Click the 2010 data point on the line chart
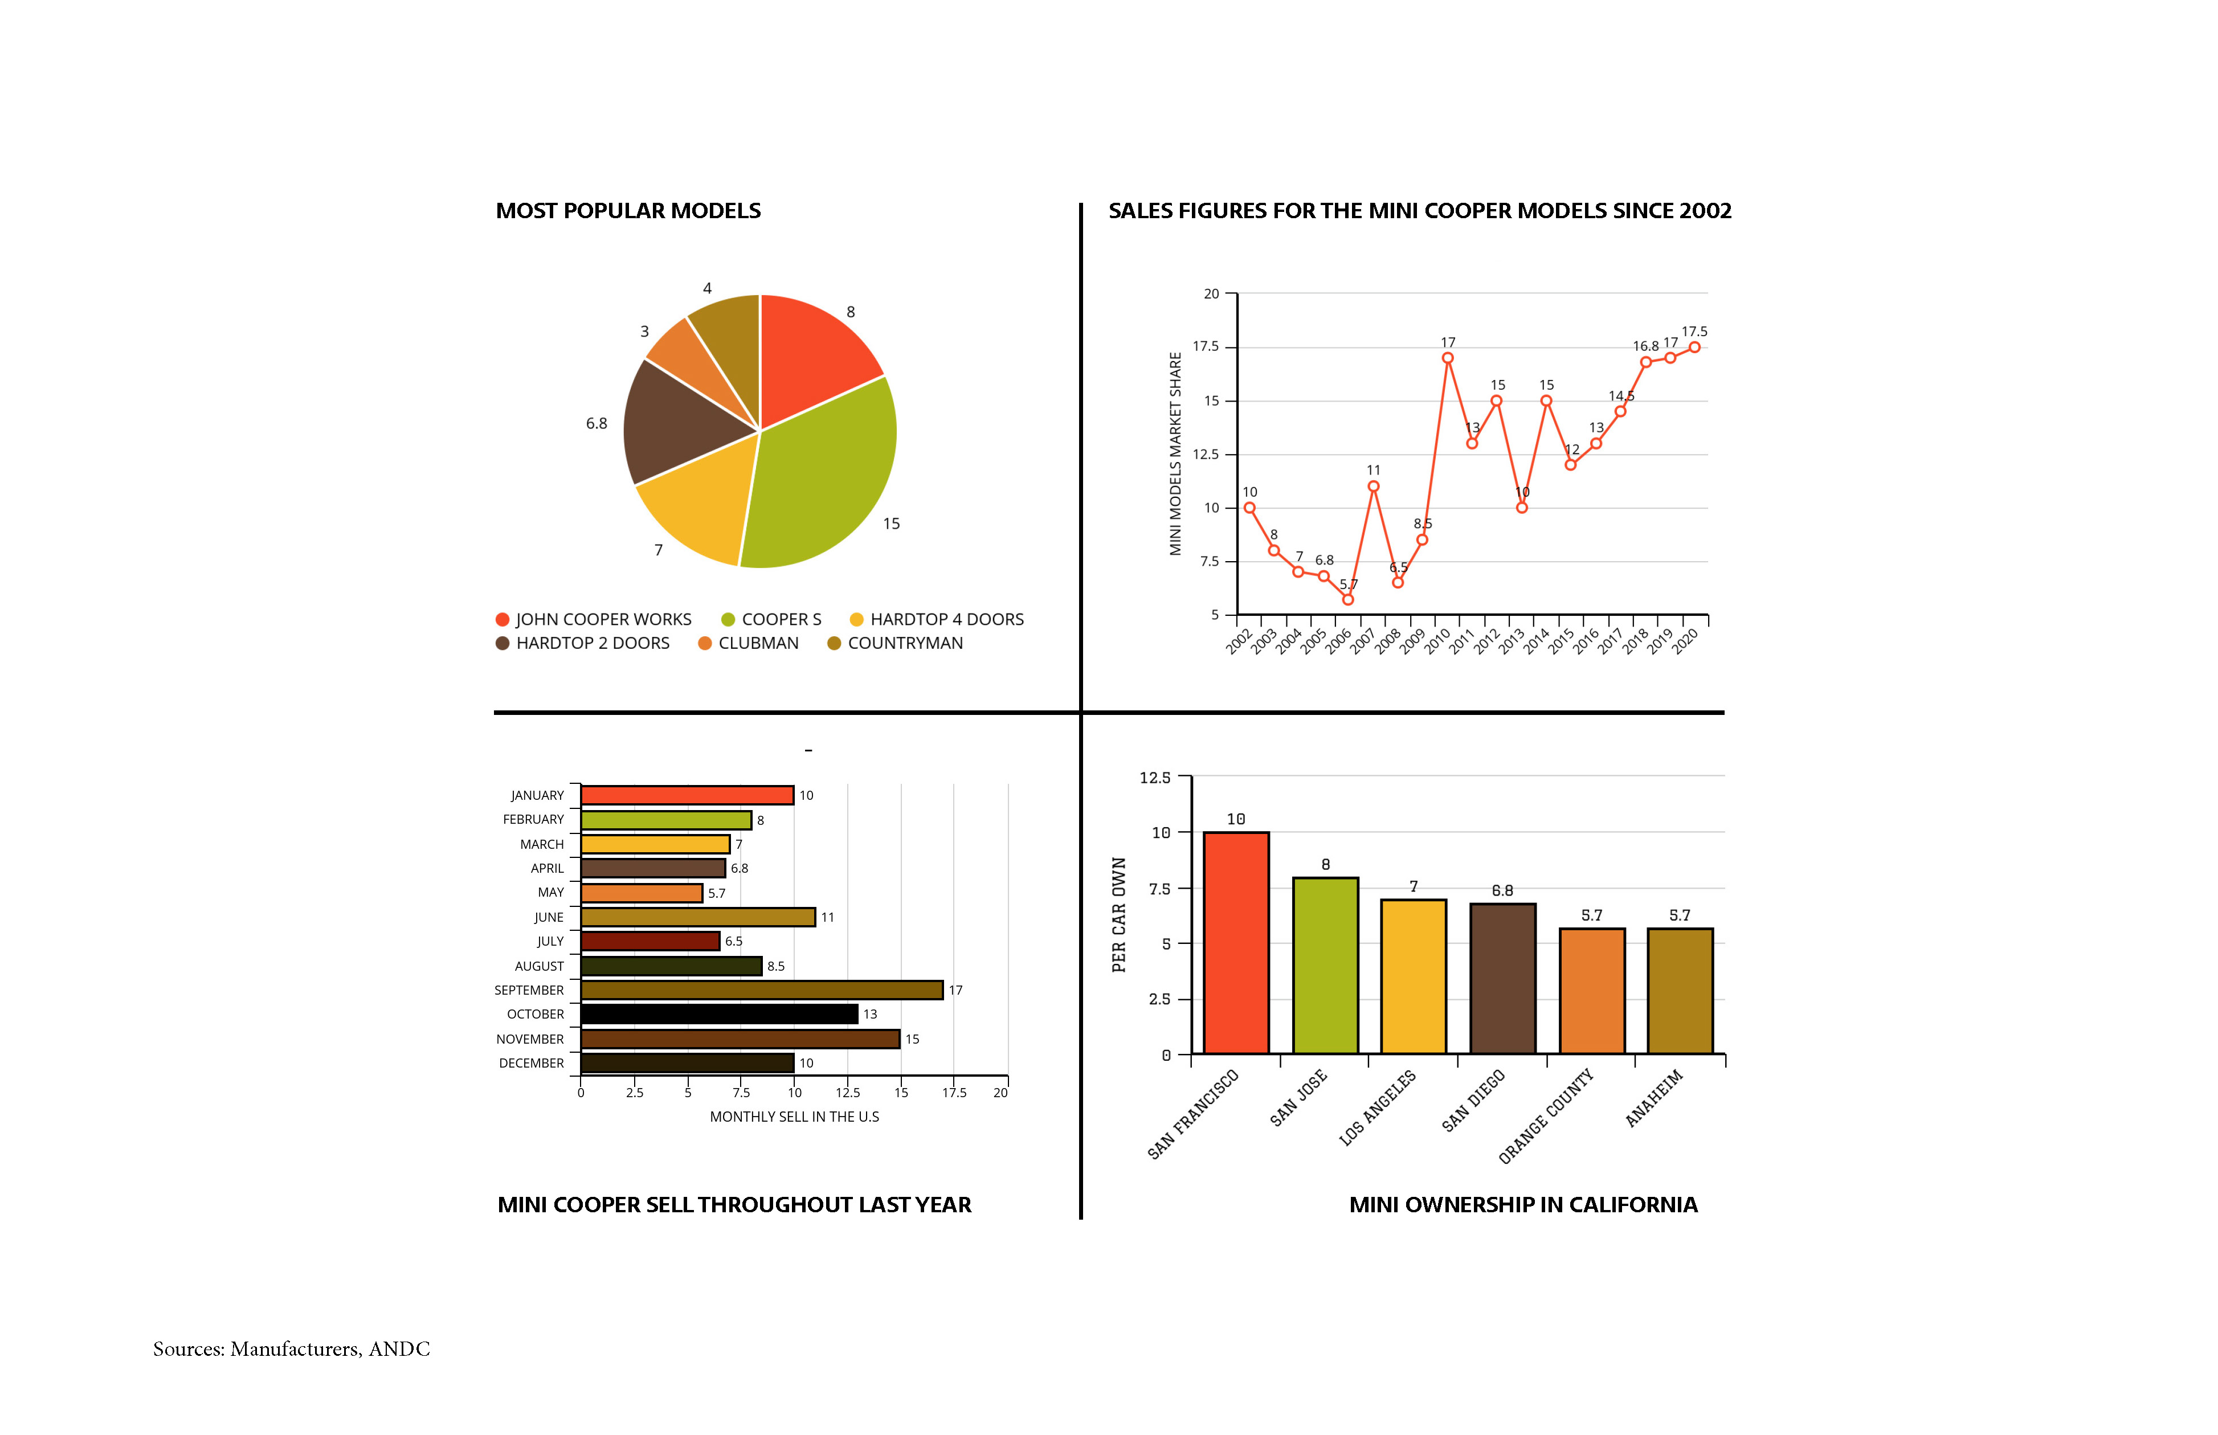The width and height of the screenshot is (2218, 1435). pyautogui.click(x=1447, y=358)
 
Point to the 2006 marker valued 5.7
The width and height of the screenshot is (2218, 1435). pyautogui.click(x=1347, y=599)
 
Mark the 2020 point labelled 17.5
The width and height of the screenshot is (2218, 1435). pyautogui.click(x=1694, y=347)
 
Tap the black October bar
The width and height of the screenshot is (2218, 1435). pyautogui.click(x=718, y=1014)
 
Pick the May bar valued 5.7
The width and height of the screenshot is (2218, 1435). pyautogui.click(x=641, y=893)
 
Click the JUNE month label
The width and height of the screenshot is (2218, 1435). pyautogui.click(x=548, y=918)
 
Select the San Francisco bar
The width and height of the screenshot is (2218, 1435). pyautogui.click(x=1236, y=943)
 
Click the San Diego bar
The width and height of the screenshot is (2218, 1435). pyautogui.click(x=1502, y=979)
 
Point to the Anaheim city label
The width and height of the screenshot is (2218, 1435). pyautogui.click(x=1654, y=1099)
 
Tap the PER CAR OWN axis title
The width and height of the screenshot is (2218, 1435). pyautogui.click(x=1119, y=915)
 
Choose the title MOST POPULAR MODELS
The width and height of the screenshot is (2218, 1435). pyautogui.click(x=628, y=211)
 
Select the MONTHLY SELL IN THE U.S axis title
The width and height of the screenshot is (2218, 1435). pyautogui.click(x=794, y=1117)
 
